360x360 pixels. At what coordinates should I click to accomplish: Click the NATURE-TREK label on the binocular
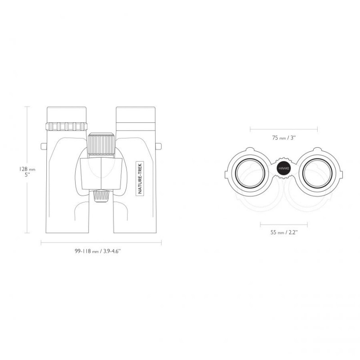click(140, 178)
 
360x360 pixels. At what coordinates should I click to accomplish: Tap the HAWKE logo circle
click(284, 168)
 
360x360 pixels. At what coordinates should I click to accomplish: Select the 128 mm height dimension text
click(27, 172)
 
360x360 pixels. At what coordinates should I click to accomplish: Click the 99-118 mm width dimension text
click(98, 251)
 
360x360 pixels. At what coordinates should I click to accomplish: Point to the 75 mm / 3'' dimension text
click(284, 138)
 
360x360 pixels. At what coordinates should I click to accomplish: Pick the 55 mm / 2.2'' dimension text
click(284, 232)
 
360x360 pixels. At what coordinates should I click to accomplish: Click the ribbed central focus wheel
click(101, 144)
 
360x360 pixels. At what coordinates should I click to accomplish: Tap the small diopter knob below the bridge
click(101, 196)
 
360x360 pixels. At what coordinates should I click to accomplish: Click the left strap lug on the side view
click(44, 146)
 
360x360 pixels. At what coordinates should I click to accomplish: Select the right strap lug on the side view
click(158, 146)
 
